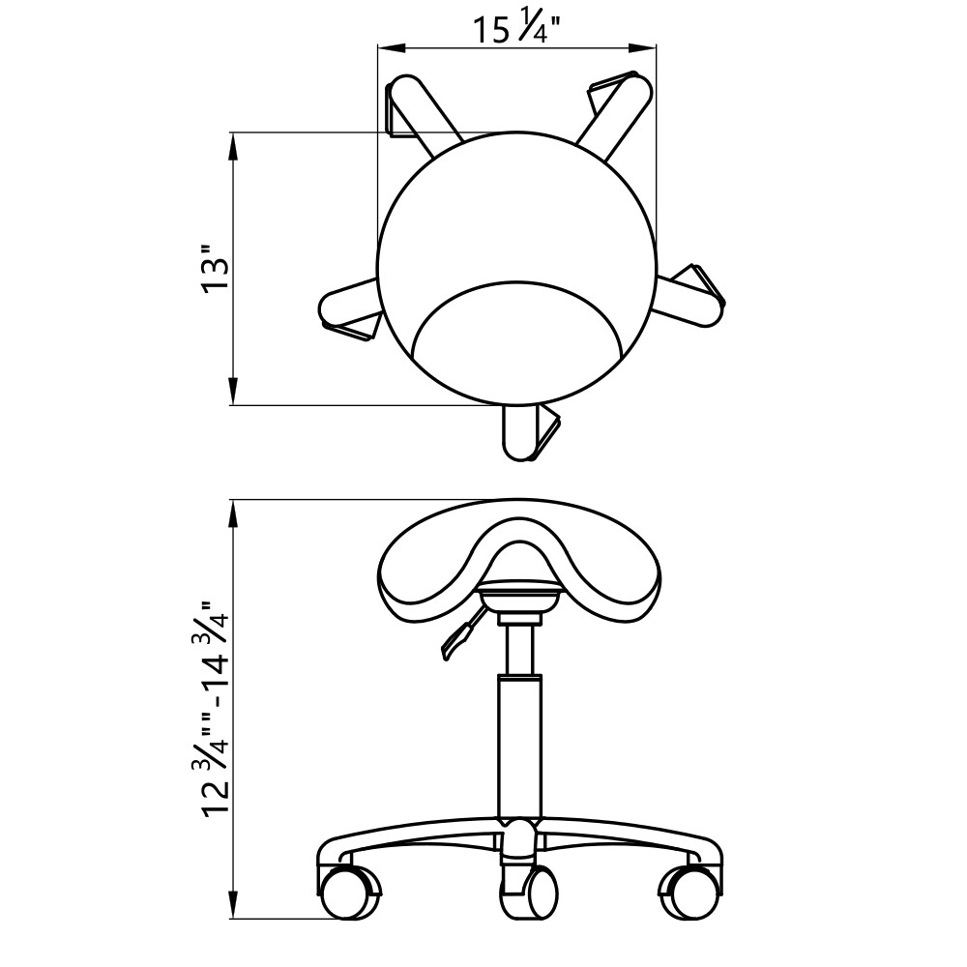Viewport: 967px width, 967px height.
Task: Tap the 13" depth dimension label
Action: pos(216,269)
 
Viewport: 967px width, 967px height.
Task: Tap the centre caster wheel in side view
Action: pos(529,892)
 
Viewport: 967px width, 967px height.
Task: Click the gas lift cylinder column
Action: pos(519,747)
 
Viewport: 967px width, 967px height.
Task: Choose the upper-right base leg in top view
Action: pos(613,113)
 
